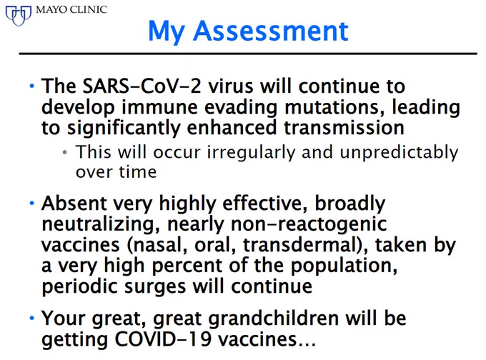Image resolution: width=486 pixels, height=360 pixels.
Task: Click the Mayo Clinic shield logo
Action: coord(19,16)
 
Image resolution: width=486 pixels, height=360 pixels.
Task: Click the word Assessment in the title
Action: coord(271,31)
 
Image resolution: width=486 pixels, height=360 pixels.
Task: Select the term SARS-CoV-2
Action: coord(142,86)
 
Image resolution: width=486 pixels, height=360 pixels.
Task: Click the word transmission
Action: coord(344,128)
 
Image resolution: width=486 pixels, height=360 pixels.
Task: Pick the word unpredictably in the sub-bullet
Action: coord(399,152)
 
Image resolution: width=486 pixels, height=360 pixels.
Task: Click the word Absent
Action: coord(74,204)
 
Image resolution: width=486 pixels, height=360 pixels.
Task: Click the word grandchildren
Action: coord(273,318)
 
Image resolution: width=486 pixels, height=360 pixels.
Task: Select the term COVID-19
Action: coord(164,339)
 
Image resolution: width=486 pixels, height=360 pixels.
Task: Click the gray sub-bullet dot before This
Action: coord(64,152)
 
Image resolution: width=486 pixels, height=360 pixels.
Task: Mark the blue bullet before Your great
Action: coord(32,318)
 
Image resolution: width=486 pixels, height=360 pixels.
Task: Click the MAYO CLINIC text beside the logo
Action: coord(71,9)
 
